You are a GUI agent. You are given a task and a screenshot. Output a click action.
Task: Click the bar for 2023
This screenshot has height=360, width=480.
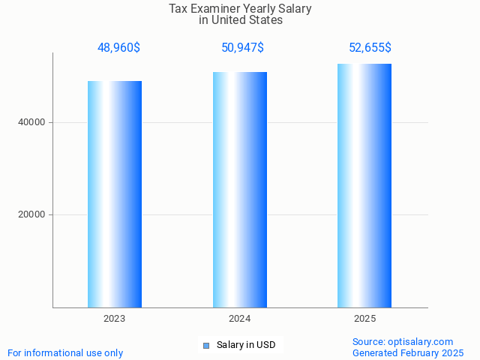coord(115,194)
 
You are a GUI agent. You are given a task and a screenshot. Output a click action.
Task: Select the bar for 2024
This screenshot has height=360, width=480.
coord(240,190)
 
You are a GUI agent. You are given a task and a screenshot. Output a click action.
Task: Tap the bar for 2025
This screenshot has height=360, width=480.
coord(364,185)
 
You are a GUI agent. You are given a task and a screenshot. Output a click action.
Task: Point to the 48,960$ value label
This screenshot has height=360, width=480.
coord(118,48)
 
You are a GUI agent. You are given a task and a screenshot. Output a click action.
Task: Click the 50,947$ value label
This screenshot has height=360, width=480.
coord(242,48)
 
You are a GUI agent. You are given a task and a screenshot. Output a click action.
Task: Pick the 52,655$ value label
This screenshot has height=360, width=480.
coord(370,48)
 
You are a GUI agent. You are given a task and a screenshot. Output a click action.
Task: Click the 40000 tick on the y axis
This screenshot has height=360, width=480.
coord(32,122)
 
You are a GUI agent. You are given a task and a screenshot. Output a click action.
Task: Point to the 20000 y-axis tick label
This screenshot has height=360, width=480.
coord(32,214)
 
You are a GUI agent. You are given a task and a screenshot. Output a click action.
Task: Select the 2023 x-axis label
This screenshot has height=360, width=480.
coord(115,319)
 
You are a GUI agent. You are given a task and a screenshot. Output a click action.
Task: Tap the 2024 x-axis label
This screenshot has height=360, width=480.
coord(240,319)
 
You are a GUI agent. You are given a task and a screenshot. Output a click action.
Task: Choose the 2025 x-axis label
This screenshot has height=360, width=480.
coord(364,319)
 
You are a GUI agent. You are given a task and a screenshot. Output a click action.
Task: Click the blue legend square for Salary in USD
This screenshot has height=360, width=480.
coord(206,346)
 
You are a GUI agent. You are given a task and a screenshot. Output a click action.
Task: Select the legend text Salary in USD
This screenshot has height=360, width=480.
coord(246,345)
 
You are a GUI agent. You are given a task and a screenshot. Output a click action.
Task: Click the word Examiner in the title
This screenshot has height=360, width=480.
coord(215,9)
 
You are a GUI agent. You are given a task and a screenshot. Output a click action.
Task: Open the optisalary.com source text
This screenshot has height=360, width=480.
coord(403,341)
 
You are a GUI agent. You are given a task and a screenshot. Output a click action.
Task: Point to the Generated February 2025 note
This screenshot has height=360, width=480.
coord(408,352)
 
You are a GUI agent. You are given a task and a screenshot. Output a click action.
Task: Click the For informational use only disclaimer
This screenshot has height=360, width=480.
coord(65,352)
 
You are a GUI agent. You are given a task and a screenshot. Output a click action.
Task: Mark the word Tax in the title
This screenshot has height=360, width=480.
coord(178,9)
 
